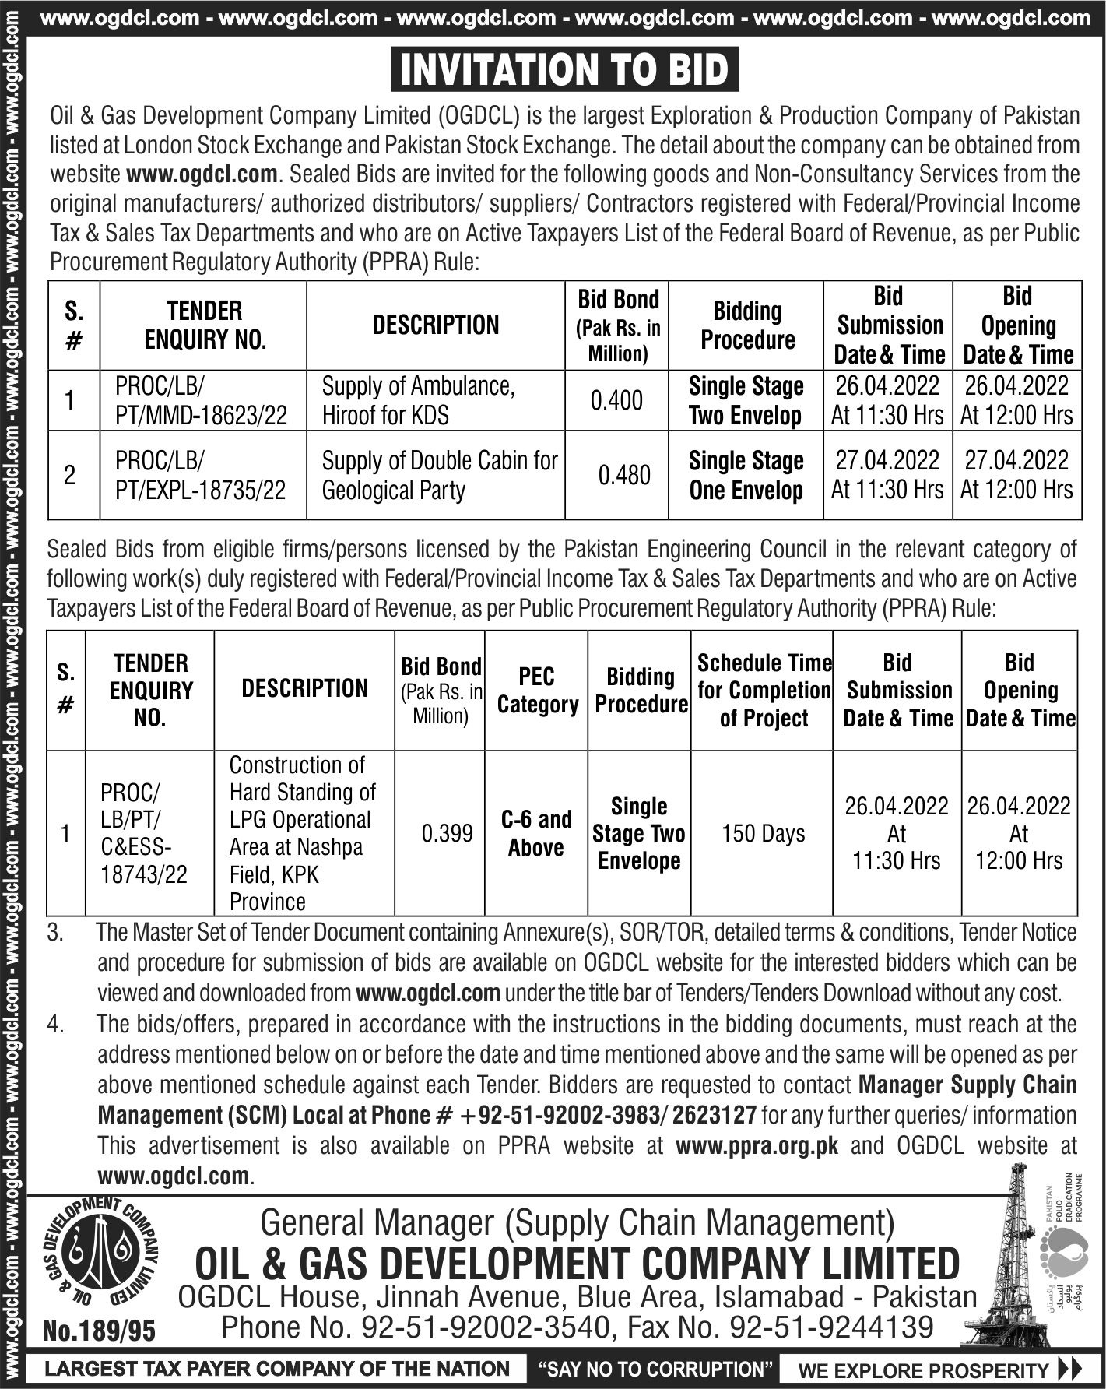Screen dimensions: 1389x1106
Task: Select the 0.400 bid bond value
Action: (x=616, y=401)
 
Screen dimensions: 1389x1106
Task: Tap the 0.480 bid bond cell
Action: (x=623, y=475)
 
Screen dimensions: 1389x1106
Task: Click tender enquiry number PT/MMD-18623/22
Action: (x=202, y=415)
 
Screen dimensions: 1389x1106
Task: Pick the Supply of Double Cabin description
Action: (x=440, y=475)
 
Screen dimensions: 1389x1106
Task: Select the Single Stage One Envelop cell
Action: (x=746, y=475)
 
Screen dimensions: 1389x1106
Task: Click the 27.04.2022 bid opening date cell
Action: (x=1016, y=475)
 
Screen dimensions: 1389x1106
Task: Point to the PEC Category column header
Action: (x=537, y=690)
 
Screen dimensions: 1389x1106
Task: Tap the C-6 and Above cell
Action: (x=536, y=833)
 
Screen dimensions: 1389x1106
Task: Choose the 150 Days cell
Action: (x=763, y=834)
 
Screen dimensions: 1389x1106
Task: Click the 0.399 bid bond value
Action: (x=447, y=834)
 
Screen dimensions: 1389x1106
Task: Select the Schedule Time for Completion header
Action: (x=763, y=691)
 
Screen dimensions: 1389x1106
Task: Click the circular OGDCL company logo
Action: (x=99, y=1256)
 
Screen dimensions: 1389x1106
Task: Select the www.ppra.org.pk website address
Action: (x=757, y=1146)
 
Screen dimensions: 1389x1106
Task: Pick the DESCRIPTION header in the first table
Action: (x=435, y=325)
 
